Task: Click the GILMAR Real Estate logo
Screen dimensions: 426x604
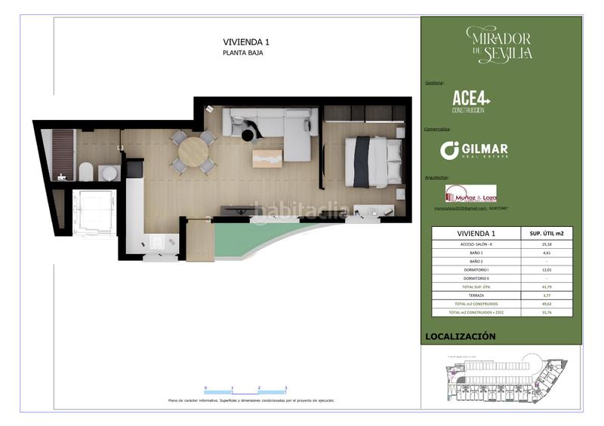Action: [x=474, y=150]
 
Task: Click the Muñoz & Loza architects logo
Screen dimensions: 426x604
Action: [x=471, y=194]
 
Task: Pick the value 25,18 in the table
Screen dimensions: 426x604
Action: [x=547, y=244]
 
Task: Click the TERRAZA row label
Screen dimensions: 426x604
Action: [x=476, y=295]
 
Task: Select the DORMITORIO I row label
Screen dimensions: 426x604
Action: [x=476, y=269]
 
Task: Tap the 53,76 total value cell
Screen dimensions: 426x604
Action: [x=547, y=312]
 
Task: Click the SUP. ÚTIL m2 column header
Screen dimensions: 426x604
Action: [x=547, y=234]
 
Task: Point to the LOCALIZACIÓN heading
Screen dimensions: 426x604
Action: [x=461, y=336]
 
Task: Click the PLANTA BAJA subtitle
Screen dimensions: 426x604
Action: [x=242, y=54]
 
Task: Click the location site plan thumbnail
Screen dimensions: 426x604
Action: [x=501, y=378]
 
